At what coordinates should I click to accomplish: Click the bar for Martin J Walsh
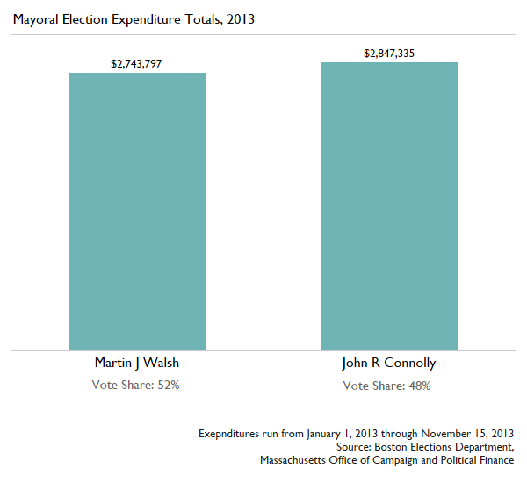(x=137, y=212)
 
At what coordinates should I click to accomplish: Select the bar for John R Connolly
(x=389, y=206)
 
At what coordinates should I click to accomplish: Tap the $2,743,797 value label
(x=136, y=64)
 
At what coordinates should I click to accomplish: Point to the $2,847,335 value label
(x=389, y=54)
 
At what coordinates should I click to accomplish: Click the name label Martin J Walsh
(x=136, y=363)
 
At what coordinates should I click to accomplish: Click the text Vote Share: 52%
(x=136, y=386)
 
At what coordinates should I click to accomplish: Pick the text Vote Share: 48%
(x=388, y=386)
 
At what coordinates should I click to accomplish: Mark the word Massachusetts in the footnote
(x=296, y=460)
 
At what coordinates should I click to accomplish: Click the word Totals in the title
(x=201, y=18)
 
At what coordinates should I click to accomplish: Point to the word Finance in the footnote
(x=495, y=460)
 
